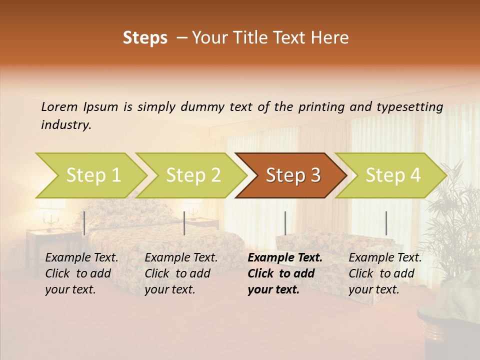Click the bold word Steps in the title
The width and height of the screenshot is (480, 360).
coord(145,38)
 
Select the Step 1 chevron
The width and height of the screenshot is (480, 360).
coord(90,175)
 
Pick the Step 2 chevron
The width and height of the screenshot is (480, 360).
coord(191,175)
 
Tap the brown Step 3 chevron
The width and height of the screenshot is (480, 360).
coord(291,175)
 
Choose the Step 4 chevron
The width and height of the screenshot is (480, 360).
coord(391,175)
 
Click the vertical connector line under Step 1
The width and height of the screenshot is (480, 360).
coord(84,223)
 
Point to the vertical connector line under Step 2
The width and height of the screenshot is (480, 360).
coord(184,223)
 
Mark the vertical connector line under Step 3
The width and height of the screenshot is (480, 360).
coord(285,223)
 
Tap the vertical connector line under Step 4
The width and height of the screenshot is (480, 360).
coord(386,223)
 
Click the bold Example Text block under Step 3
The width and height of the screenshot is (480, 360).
coord(285,273)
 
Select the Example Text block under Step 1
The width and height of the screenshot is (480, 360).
coord(81,273)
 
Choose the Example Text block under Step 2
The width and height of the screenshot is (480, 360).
coord(181,273)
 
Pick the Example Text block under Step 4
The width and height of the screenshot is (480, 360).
coord(385,273)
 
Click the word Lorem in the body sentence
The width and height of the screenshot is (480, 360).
coord(59,106)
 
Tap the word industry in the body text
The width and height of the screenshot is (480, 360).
coord(66,125)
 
